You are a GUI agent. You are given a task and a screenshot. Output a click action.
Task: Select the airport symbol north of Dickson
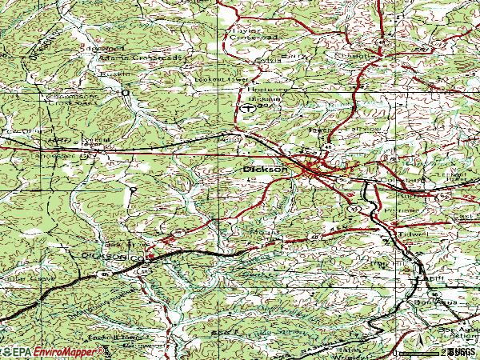pyautogui.click(x=249, y=106)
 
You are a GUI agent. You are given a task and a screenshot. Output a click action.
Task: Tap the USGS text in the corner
pyautogui.click(x=462, y=351)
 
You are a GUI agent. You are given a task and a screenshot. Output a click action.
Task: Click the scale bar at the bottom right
pyautogui.click(x=419, y=350)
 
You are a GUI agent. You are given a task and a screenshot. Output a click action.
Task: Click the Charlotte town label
pyautogui.click(x=357, y=57)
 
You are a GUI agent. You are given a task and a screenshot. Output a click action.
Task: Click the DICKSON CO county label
pyautogui.click(x=112, y=256)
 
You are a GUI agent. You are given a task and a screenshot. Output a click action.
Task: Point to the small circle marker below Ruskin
pyautogui.click(x=124, y=93)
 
